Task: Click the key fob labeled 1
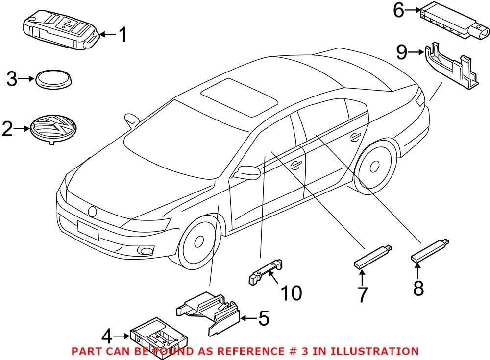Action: pos(61,31)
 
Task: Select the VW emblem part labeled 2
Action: pos(52,129)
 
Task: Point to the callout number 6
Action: pos(399,10)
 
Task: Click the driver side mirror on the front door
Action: pos(248,173)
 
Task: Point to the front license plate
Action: pos(88,230)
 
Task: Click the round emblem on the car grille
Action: pos(92,211)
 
